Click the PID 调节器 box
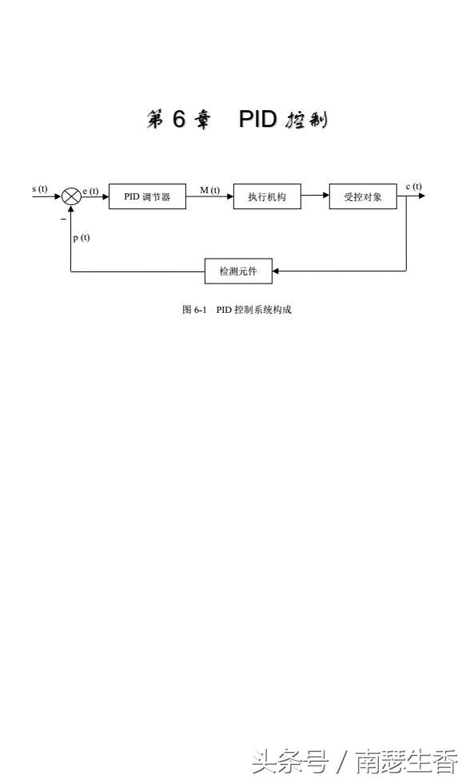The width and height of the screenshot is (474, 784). click(147, 196)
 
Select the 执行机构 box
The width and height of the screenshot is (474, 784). click(267, 196)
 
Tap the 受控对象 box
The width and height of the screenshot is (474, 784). click(363, 196)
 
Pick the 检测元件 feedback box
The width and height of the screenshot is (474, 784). click(238, 271)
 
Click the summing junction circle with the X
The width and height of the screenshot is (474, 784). click(71, 196)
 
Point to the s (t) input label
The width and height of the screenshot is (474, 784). click(40, 189)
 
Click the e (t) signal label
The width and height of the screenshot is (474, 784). click(90, 191)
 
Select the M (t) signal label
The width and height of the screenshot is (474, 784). click(209, 190)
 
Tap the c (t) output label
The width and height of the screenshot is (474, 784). click(413, 187)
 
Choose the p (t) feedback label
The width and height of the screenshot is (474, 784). click(81, 237)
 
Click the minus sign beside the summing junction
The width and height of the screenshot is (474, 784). click(64, 219)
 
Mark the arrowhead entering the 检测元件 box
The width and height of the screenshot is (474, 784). click(276, 271)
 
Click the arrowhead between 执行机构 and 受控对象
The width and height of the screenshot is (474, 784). click(325, 195)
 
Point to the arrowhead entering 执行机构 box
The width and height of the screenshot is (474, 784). click(229, 196)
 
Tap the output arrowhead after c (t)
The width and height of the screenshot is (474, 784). click(422, 196)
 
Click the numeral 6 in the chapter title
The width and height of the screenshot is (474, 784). click(179, 119)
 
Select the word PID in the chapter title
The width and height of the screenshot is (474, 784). click(257, 119)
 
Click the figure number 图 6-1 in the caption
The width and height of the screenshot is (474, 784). click(194, 310)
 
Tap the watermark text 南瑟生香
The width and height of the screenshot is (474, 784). click(407, 761)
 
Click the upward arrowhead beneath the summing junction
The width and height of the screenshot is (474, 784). click(71, 209)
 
